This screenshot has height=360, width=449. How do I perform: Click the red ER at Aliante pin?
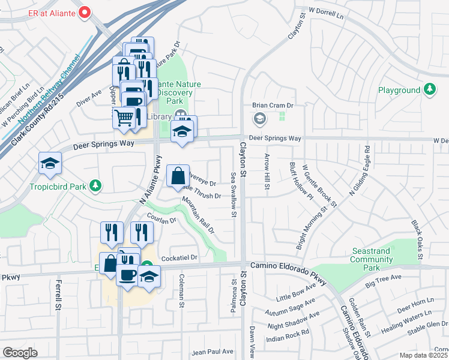point(85,11)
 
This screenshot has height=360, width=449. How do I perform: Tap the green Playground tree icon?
point(429,90)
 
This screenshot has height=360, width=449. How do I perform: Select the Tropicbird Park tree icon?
point(94,186)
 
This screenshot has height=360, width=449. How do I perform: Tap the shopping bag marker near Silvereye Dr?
point(178,177)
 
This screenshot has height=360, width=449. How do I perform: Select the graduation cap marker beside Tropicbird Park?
point(50,163)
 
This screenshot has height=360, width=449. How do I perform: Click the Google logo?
point(20,352)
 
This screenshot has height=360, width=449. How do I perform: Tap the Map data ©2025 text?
point(423,355)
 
